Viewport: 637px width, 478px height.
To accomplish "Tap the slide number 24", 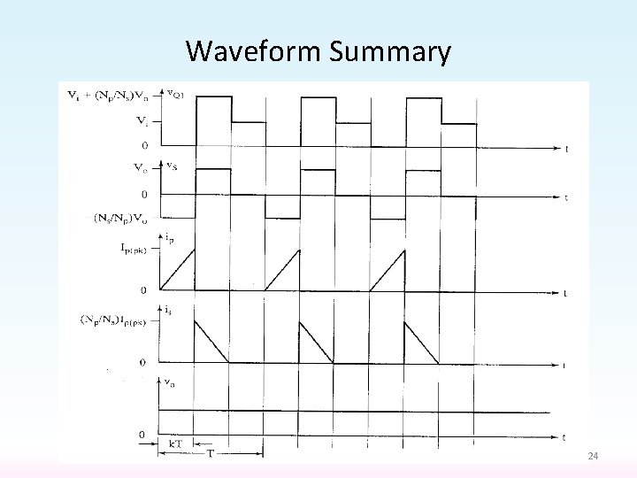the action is pyautogui.click(x=593, y=456).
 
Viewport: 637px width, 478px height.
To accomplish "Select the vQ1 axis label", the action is pyautogui.click(x=177, y=90).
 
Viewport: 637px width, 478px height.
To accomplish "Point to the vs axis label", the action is pyautogui.click(x=172, y=165).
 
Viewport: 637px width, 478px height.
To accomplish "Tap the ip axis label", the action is pyautogui.click(x=171, y=236).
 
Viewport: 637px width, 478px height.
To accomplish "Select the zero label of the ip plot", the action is pyautogui.click(x=142, y=290).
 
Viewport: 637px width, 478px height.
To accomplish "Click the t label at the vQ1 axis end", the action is pyautogui.click(x=566, y=149).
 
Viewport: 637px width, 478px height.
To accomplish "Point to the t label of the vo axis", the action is pyautogui.click(x=565, y=437).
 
